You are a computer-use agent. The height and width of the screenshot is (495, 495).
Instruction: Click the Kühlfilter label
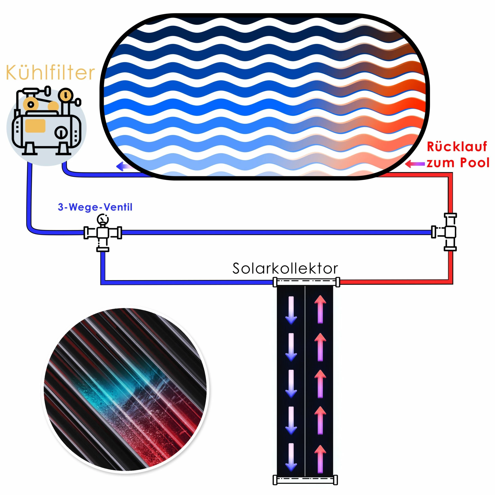pyautogui.click(x=50, y=73)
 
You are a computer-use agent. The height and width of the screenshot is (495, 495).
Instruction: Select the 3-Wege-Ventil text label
pyautogui.click(x=95, y=207)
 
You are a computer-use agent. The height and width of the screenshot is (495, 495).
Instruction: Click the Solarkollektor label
pyautogui.click(x=285, y=268)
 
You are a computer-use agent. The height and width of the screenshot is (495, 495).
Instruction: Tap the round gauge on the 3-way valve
pyautogui.click(x=103, y=220)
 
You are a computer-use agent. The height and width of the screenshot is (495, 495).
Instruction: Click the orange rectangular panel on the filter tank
pyautogui.click(x=35, y=126)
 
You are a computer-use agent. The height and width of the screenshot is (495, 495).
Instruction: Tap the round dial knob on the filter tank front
pyautogui.click(x=61, y=132)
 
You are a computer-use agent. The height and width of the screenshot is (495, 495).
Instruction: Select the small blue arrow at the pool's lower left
pyautogui.click(x=123, y=166)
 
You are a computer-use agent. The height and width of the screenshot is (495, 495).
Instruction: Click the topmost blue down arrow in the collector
pyautogui.click(x=291, y=310)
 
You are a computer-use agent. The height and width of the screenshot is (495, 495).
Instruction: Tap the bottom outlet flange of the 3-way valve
pyautogui.click(x=103, y=249)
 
